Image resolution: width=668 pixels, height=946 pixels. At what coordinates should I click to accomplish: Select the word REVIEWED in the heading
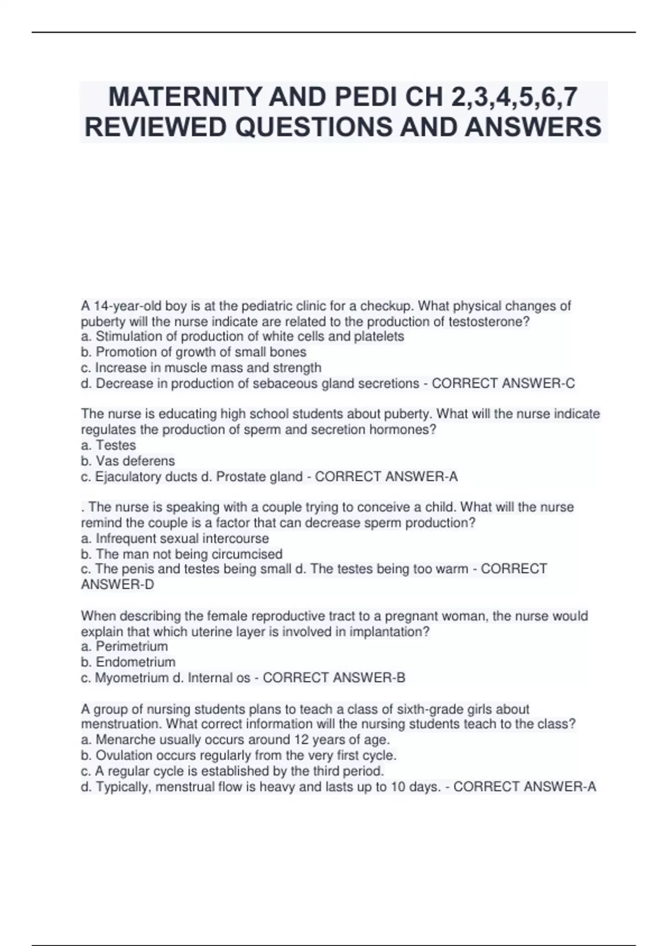click(x=157, y=127)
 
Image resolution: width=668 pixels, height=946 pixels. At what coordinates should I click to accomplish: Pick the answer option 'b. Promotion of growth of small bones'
click(x=194, y=352)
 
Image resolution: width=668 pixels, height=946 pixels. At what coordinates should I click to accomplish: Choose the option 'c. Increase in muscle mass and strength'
click(x=202, y=368)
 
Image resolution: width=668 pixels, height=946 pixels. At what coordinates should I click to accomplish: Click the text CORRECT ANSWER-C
click(x=503, y=383)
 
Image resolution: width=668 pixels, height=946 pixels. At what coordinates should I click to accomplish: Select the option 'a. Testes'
click(x=109, y=445)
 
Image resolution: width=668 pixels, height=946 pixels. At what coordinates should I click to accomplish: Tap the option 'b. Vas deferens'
click(x=128, y=461)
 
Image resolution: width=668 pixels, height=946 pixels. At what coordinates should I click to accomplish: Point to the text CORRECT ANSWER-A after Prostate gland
click(x=386, y=476)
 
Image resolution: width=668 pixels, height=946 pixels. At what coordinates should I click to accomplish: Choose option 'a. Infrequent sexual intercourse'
click(x=175, y=539)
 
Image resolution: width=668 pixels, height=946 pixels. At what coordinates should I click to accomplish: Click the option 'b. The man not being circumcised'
click(x=182, y=554)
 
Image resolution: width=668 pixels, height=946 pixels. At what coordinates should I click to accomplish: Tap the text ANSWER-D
click(x=117, y=584)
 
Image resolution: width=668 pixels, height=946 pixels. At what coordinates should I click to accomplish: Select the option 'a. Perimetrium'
click(x=125, y=647)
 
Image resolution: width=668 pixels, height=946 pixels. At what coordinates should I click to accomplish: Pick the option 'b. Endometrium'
click(x=129, y=662)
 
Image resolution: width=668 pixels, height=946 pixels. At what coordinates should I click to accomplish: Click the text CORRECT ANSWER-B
click(x=334, y=678)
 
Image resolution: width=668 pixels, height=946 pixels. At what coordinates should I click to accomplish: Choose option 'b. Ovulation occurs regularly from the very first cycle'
click(x=239, y=756)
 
